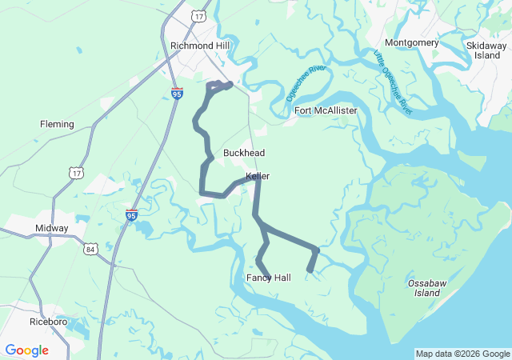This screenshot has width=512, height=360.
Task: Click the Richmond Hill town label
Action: (x=200, y=46)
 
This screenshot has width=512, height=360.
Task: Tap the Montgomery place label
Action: (x=411, y=42)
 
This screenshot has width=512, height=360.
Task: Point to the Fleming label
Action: (x=57, y=124)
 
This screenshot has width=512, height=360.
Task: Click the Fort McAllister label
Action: (x=326, y=110)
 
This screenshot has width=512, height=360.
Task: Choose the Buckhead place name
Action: (x=244, y=153)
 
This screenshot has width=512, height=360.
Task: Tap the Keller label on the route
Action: (x=258, y=176)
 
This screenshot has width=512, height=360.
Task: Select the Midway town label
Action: (x=52, y=228)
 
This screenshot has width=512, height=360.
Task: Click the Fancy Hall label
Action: (x=268, y=278)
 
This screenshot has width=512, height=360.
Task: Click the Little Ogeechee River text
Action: (x=393, y=82)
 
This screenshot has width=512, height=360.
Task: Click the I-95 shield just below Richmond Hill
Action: (x=177, y=94)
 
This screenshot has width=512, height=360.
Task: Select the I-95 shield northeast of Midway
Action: (x=131, y=214)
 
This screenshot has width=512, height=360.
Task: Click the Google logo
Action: (x=26, y=350)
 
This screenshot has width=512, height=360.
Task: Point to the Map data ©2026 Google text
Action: (x=462, y=354)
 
